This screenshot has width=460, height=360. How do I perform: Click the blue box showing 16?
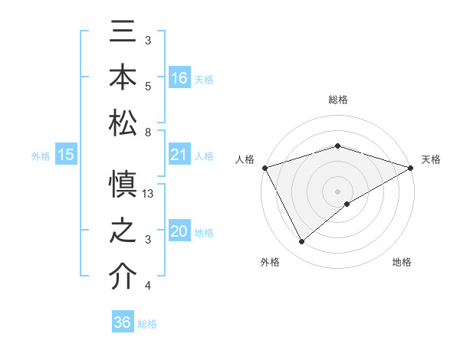(x=179, y=77)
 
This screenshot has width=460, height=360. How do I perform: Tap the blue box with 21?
(x=179, y=155)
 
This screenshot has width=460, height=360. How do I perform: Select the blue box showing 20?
(x=179, y=231)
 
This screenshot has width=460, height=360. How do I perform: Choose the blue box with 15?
(x=66, y=155)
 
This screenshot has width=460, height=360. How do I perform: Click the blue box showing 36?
(x=123, y=322)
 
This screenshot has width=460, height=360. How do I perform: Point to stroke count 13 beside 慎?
(x=149, y=194)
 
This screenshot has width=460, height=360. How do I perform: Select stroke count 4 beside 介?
(x=147, y=286)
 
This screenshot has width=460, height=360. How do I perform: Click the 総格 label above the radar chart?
(x=338, y=100)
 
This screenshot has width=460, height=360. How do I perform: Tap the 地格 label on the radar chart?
(x=402, y=263)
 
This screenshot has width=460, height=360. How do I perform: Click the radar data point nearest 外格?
(x=301, y=242)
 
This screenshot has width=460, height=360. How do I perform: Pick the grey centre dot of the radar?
(x=338, y=191)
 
